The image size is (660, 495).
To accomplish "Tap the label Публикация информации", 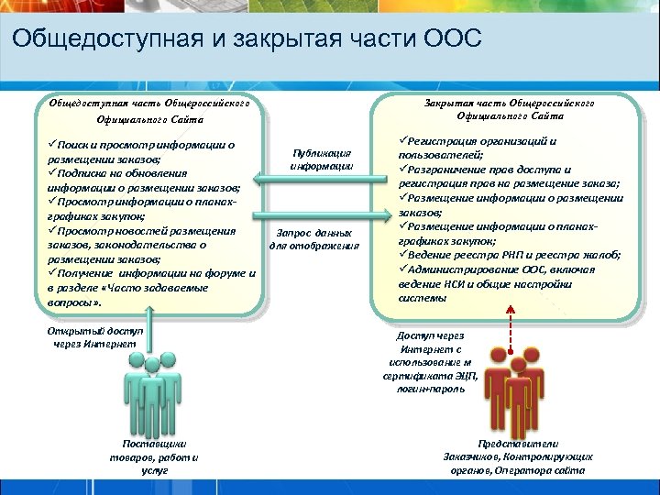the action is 321,159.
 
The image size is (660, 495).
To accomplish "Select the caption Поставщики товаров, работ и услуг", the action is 154,456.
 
